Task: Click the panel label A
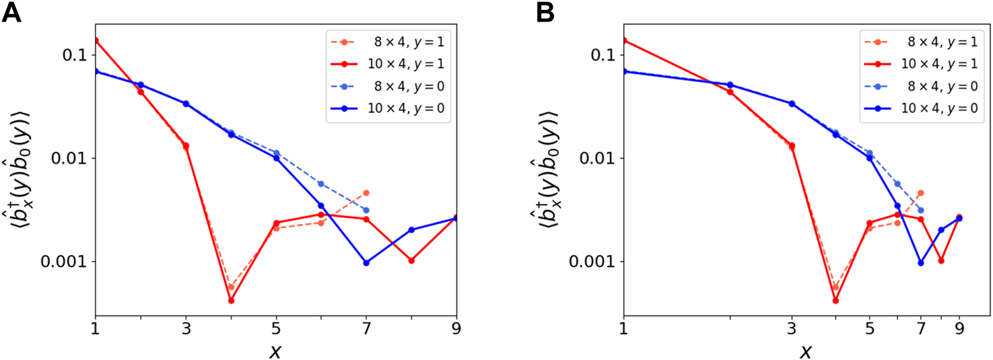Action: coord(12,13)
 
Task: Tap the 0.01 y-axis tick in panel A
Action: coord(72,158)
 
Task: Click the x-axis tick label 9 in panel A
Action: coord(456,330)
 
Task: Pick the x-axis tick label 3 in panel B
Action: coord(792,330)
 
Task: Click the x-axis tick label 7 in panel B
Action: coord(920,330)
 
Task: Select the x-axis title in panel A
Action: coord(276,351)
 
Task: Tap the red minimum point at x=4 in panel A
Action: coord(231,301)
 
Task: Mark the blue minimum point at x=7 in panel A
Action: coord(366,262)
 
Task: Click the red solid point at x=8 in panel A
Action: coord(411,260)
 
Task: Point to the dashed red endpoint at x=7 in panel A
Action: coord(366,192)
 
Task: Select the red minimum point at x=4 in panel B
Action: coord(835,301)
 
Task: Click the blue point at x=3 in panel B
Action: coord(792,104)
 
